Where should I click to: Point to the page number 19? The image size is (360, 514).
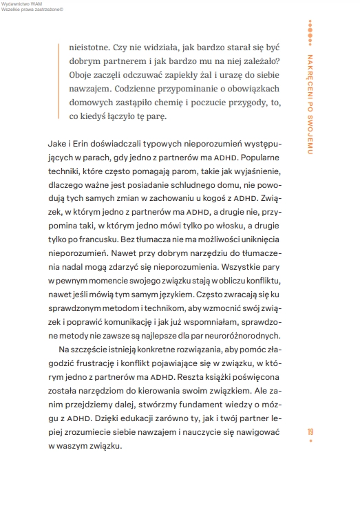click(x=312, y=431)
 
